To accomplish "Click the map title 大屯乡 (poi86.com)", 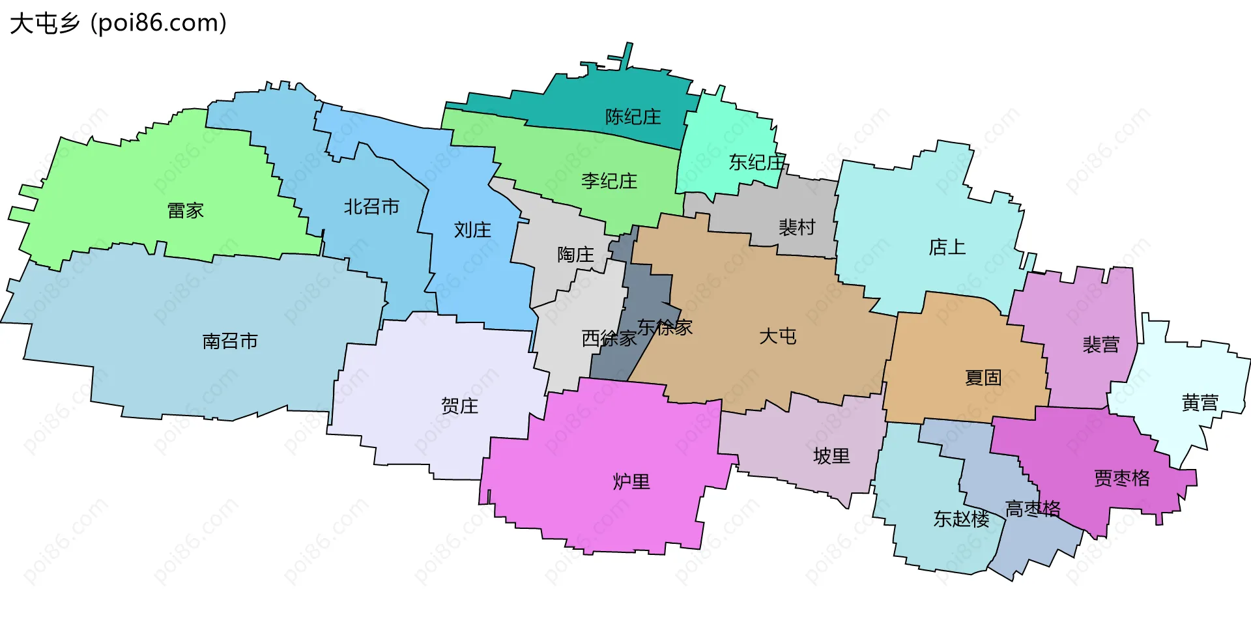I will [x=118, y=23].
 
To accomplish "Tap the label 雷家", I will [x=186, y=211].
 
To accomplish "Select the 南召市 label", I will [x=230, y=341].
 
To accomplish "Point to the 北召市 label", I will [x=371, y=207].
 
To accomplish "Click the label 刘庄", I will [x=472, y=230].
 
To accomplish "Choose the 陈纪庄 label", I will [x=633, y=117].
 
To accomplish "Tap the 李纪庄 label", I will [x=609, y=181].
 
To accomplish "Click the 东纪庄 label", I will [x=756, y=162].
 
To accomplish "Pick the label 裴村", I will [x=797, y=227].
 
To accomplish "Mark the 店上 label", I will [x=947, y=248].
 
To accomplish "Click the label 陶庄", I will [x=575, y=255].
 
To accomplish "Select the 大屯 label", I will [x=777, y=337].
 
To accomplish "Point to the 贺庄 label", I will [x=459, y=406].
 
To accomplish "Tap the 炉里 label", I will [x=631, y=482].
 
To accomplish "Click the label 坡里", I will [x=831, y=457].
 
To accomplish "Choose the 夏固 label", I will [x=983, y=378].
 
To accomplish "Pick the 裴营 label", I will [x=1100, y=345].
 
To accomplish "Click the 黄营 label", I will [x=1200, y=403].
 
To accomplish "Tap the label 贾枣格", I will [x=1121, y=479].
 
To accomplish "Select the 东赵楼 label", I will [x=961, y=519].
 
